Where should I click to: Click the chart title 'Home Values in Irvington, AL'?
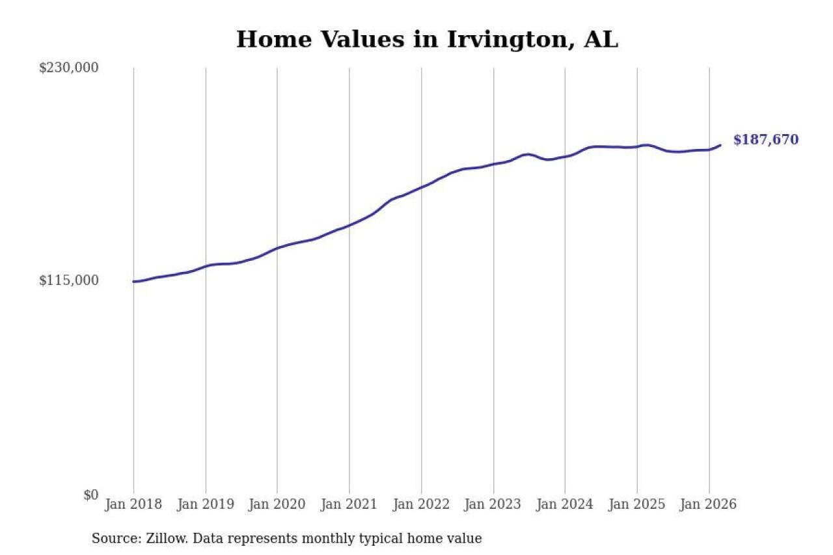click(427, 40)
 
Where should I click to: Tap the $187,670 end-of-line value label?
click(766, 140)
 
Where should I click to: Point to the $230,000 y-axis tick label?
click(69, 68)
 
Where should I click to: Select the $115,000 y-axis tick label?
click(69, 280)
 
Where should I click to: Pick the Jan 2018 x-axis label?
click(133, 505)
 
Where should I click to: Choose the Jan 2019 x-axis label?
click(206, 505)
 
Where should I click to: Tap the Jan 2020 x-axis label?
click(277, 505)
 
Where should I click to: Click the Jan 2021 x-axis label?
click(349, 505)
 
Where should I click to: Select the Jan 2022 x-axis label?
click(421, 505)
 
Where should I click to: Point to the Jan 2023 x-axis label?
click(493, 505)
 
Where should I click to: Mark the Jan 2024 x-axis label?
click(565, 505)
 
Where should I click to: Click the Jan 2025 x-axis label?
click(637, 505)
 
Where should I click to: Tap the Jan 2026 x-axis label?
click(709, 505)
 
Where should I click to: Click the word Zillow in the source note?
click(157, 539)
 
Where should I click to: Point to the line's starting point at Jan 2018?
click(133, 282)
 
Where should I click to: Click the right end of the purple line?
click(720, 145)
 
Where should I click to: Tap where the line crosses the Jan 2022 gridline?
click(421, 187)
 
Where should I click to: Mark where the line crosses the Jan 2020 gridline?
click(277, 248)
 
